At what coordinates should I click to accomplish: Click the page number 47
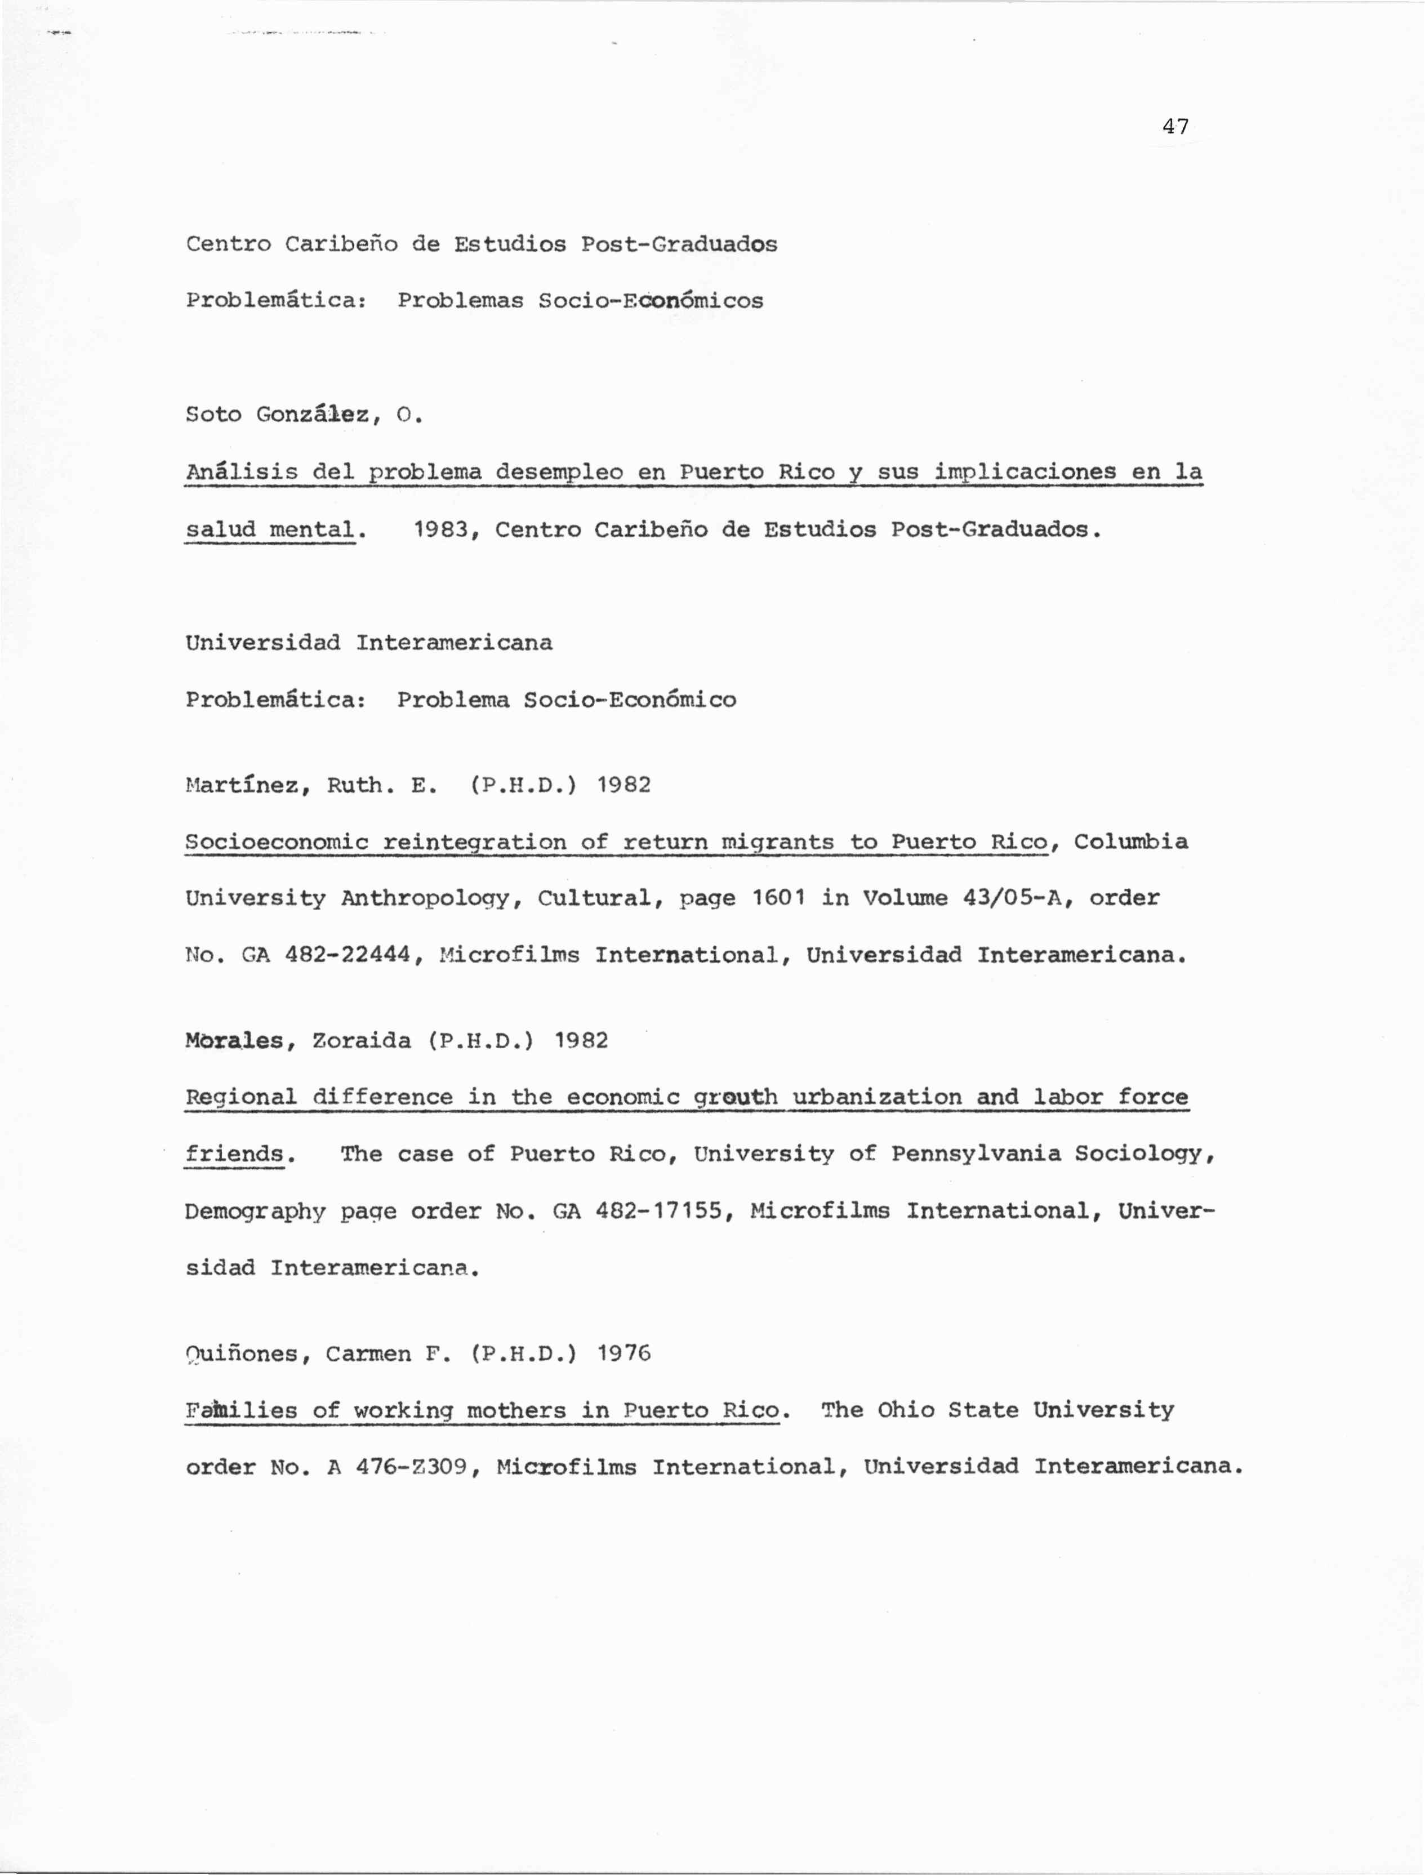(x=1175, y=127)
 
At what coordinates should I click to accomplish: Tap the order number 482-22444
(x=348, y=956)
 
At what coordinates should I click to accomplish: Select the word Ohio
(x=905, y=1410)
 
